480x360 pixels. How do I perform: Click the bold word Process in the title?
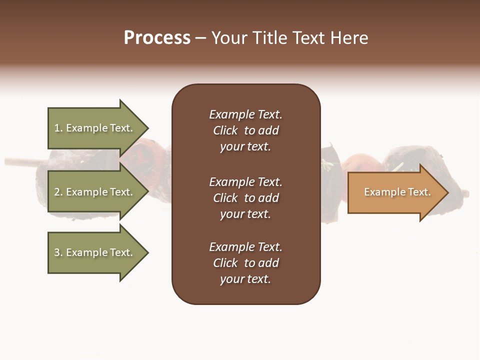click(157, 38)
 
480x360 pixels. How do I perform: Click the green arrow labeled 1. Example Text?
click(93, 128)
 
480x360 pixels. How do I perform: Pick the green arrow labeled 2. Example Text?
click(93, 192)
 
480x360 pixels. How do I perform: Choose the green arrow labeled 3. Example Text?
click(93, 252)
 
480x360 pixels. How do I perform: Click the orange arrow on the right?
click(395, 192)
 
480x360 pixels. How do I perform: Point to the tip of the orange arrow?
click(447, 192)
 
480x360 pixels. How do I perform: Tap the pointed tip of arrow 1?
click(147, 128)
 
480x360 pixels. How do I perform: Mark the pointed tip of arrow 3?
click(147, 252)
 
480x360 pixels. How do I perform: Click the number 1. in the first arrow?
click(58, 128)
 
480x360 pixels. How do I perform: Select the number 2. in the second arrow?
click(58, 192)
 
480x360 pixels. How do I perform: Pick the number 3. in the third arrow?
click(58, 252)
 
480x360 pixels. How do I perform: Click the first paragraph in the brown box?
click(245, 130)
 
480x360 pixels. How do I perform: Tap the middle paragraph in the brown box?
click(245, 198)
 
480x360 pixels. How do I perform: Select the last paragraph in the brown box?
click(245, 263)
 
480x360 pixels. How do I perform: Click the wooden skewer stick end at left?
click(15, 161)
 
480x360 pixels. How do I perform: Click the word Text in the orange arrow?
click(419, 192)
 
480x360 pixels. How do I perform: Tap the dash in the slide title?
click(200, 38)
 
